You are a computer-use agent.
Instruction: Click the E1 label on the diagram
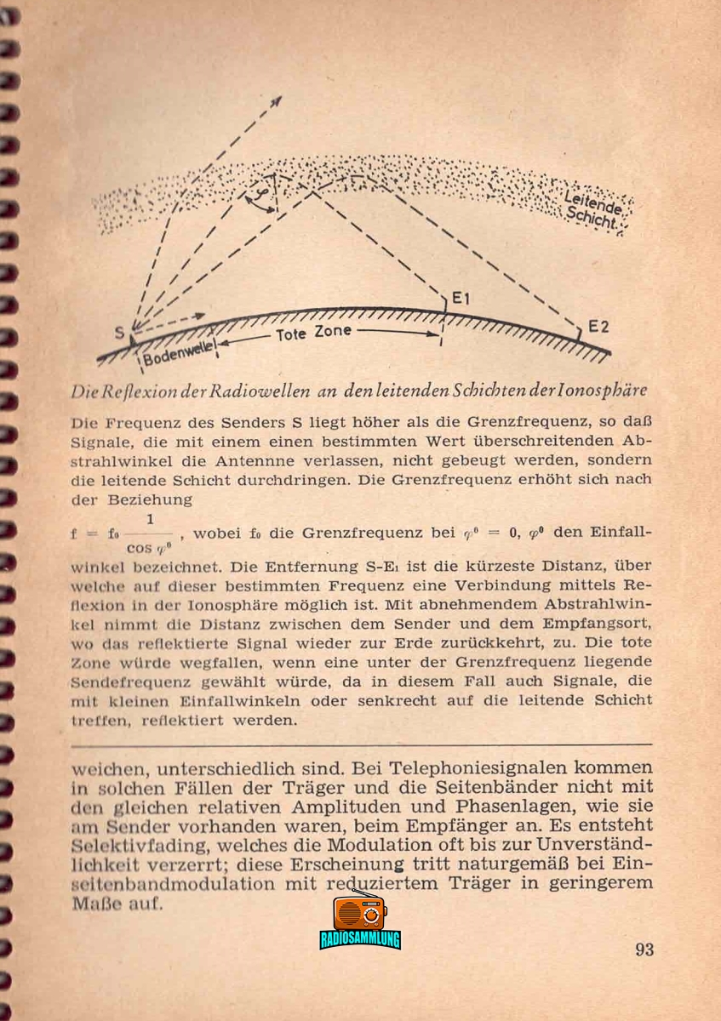pos(462,299)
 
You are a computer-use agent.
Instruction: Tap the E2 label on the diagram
pos(598,327)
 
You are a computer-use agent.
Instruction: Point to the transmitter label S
pos(118,331)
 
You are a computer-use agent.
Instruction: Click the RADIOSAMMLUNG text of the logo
pos(360,940)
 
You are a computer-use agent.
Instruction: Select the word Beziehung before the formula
pos(151,499)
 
